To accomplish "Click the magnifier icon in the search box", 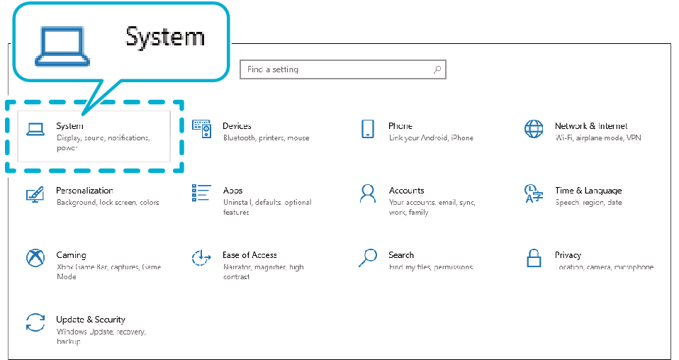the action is (x=437, y=69).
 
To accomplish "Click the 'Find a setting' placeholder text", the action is (x=273, y=69).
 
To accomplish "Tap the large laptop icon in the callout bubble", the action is (x=62, y=47).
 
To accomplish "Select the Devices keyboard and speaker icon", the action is (x=201, y=129).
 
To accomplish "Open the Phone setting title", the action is (x=400, y=125).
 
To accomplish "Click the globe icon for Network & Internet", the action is (x=534, y=129).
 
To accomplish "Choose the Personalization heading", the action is (x=84, y=190).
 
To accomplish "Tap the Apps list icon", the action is (x=201, y=193).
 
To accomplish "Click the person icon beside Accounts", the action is (x=368, y=193).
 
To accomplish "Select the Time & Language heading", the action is (x=588, y=191).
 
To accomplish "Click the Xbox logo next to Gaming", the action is (x=35, y=258).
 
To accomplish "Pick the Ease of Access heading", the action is (x=249, y=254).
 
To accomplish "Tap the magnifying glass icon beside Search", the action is (x=368, y=257).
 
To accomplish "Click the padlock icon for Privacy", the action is (x=534, y=258).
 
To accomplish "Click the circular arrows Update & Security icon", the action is (x=35, y=322).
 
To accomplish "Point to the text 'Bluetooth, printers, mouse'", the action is (x=266, y=137).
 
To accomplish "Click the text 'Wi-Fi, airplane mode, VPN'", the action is (x=598, y=137).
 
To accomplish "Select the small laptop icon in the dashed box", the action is (x=35, y=129).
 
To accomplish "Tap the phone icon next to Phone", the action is (x=368, y=129).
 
